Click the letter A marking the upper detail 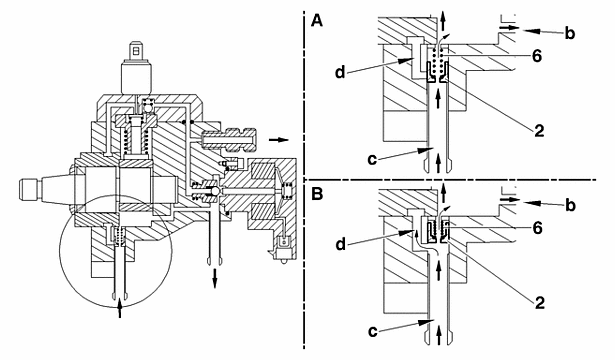pyautogui.click(x=317, y=20)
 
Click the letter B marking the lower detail pyautogui.click(x=317, y=194)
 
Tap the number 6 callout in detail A pyautogui.click(x=537, y=56)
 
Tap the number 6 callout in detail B pyautogui.click(x=537, y=228)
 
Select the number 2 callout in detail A pyautogui.click(x=540, y=131)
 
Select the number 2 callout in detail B pyautogui.click(x=540, y=302)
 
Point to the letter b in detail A pyautogui.click(x=570, y=33)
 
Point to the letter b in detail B pyautogui.click(x=570, y=205)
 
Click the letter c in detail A pyautogui.click(x=373, y=159)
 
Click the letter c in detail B pyautogui.click(x=373, y=331)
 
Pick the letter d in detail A pyautogui.click(x=340, y=72)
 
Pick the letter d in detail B pyautogui.click(x=340, y=244)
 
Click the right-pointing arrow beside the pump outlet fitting pyautogui.click(x=278, y=140)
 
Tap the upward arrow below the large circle pyautogui.click(x=120, y=307)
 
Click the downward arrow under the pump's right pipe pyautogui.click(x=215, y=278)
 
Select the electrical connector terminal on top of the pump pyautogui.click(x=136, y=51)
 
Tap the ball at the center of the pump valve pyautogui.click(x=215, y=191)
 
